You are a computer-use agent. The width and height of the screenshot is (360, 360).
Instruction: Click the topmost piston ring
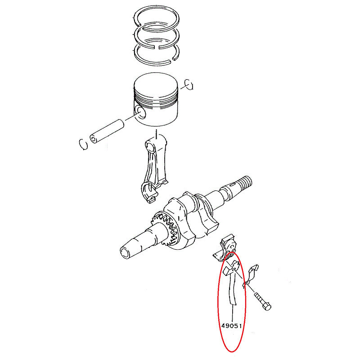coord(156,8)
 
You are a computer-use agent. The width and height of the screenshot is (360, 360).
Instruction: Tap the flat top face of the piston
coord(156,85)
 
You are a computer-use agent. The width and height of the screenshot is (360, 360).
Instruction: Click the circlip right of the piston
coord(189,85)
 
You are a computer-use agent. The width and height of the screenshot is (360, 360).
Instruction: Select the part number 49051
coord(232,326)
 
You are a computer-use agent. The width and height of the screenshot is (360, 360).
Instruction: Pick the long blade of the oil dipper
coord(232,289)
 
